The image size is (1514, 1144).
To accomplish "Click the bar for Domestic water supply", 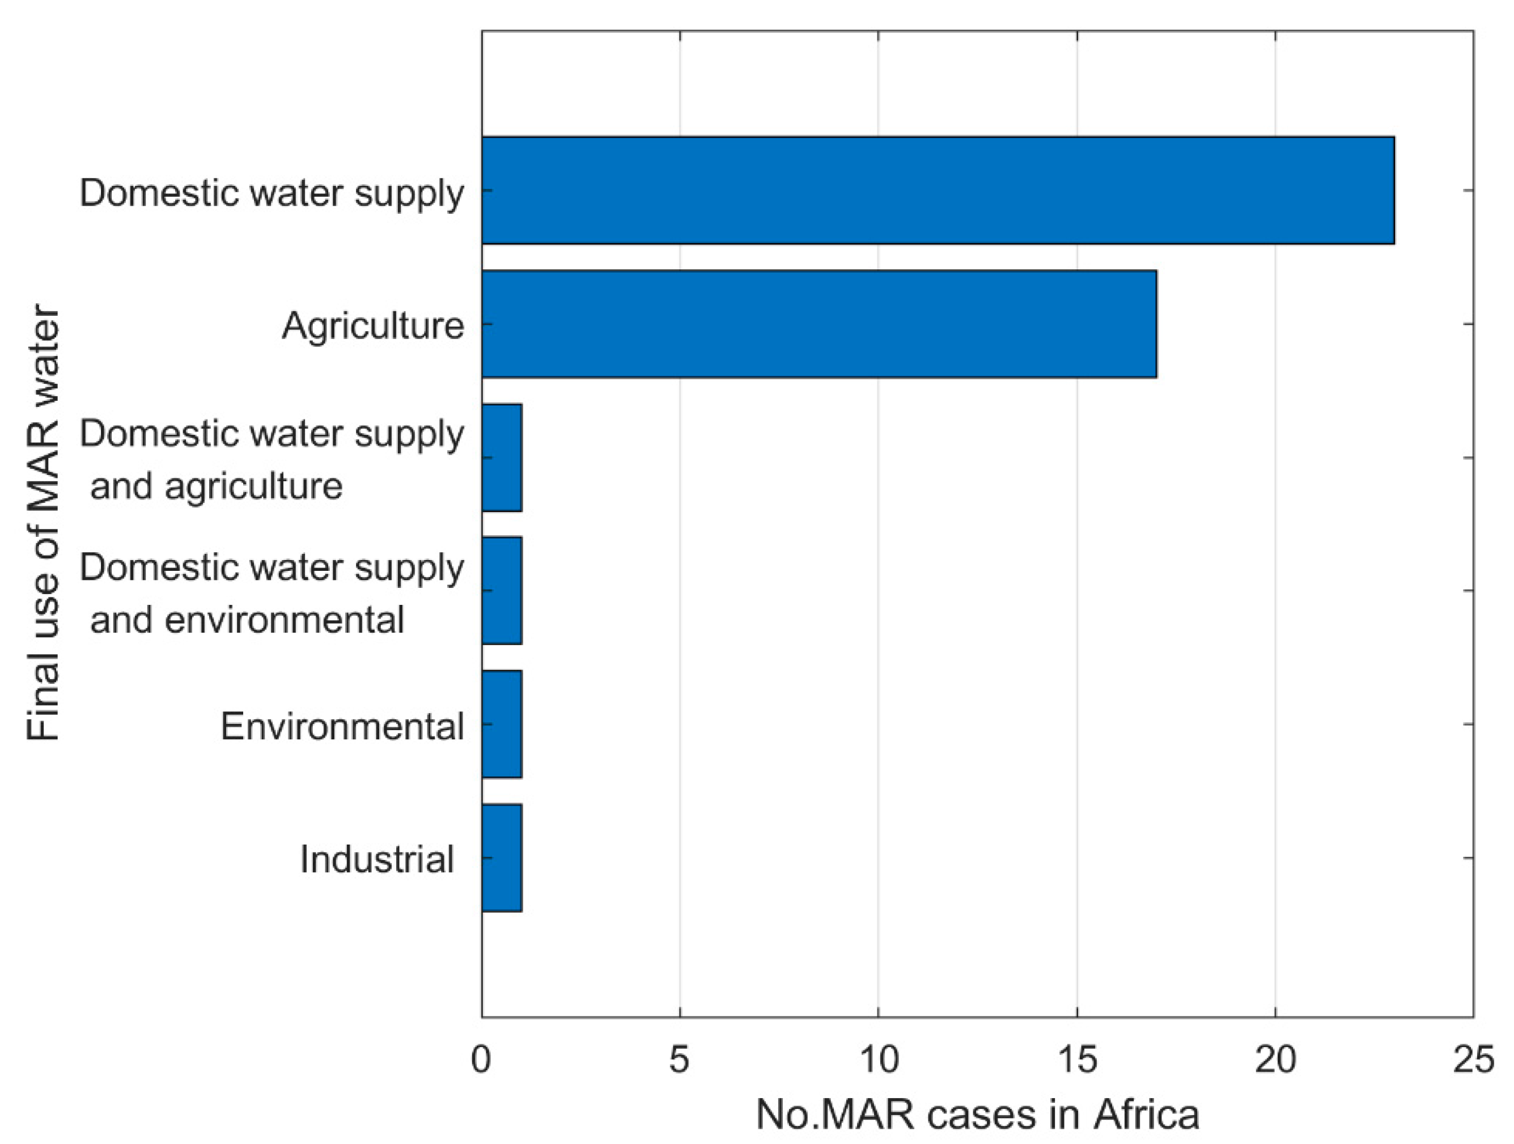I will point(938,190).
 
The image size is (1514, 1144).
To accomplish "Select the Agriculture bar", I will point(819,324).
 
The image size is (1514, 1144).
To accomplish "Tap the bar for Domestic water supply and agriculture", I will point(502,457).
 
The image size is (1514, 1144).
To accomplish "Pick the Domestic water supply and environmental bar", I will point(502,590).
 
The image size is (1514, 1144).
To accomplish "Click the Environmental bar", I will point(502,723).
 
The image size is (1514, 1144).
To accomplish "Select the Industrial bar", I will point(502,857).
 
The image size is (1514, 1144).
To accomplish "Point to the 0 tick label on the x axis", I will point(482,1061).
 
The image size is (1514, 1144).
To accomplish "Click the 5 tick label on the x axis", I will point(679,1061).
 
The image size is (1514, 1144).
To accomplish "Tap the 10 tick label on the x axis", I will point(878,1061).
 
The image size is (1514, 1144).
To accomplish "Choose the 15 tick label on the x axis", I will point(1076,1061).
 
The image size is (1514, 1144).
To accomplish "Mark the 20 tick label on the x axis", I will point(1275,1061).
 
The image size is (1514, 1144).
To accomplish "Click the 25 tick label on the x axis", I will point(1473,1061).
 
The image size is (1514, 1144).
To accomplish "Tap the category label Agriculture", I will point(373,326).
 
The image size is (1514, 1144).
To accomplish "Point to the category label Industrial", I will point(377,859).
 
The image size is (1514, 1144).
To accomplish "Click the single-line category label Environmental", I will point(342,726).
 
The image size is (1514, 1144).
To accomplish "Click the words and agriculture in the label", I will point(217,486).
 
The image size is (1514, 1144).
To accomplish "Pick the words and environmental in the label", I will point(247,620).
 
